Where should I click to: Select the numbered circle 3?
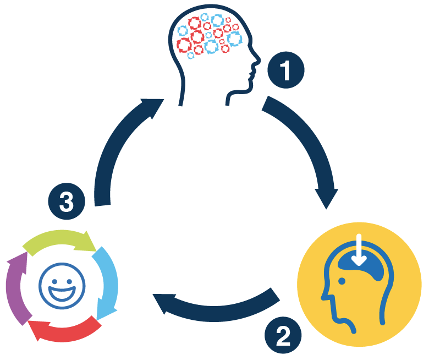(x=66, y=202)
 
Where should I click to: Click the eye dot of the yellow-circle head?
(x=342, y=281)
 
